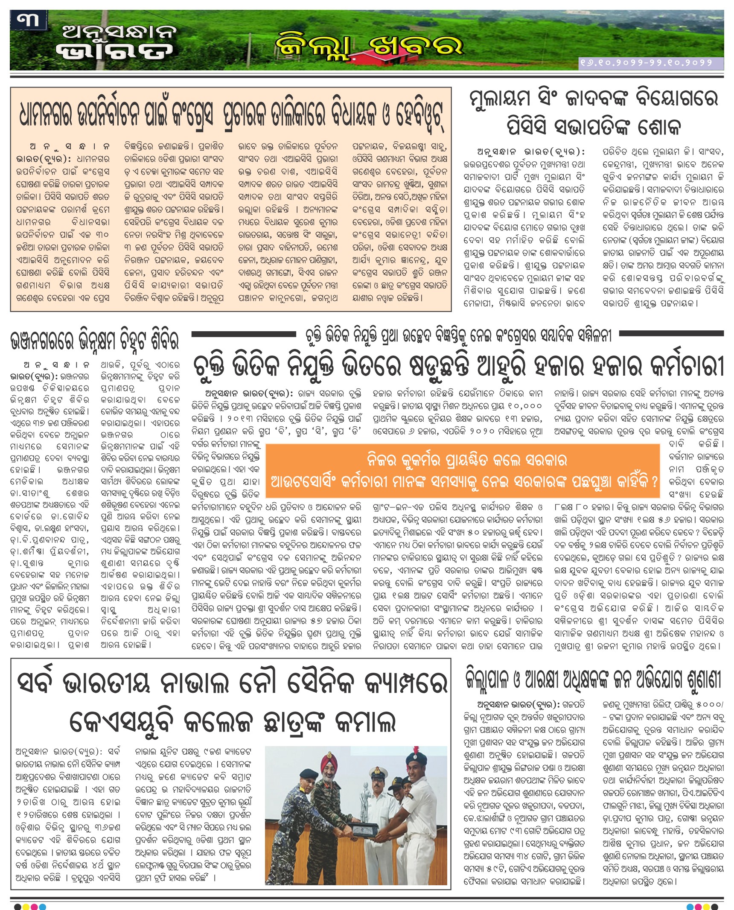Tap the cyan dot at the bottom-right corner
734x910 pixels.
coord(690,907)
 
